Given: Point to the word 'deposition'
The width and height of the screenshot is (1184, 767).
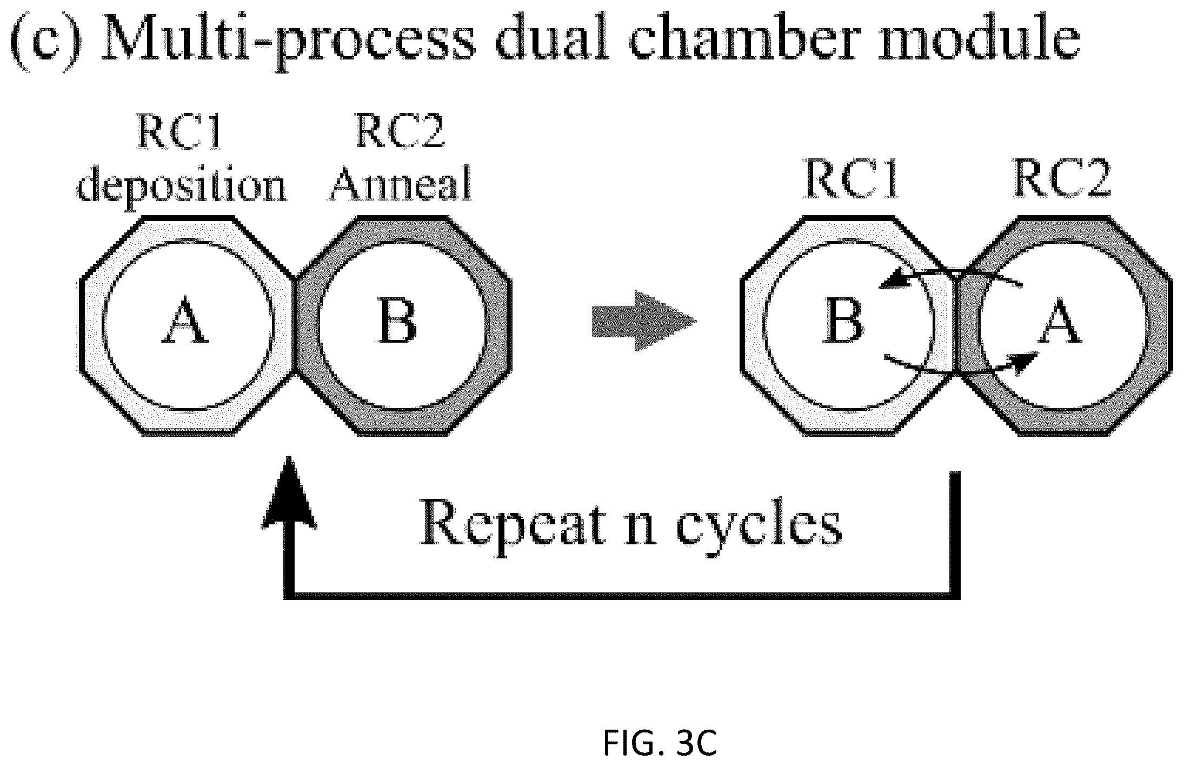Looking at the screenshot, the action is point(182,186).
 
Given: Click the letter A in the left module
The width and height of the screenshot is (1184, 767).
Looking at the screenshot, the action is point(185,322).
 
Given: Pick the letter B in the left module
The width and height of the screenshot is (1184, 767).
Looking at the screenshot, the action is point(398,322).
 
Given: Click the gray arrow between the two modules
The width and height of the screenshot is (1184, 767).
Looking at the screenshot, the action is point(643,322).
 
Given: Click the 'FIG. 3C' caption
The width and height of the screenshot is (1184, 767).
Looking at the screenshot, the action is point(660,744).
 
